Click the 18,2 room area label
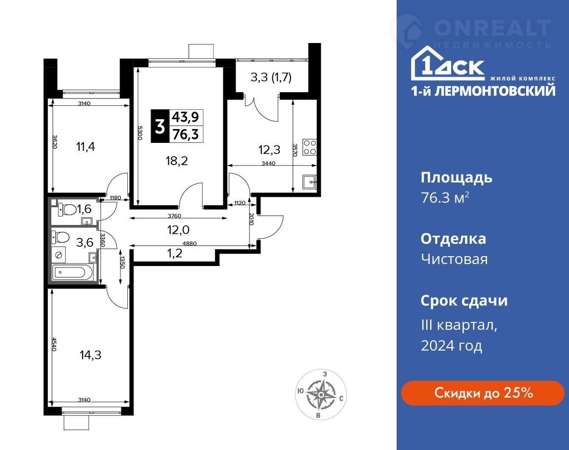tap(177, 161)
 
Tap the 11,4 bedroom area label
tap(85, 147)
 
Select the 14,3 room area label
tap(90, 355)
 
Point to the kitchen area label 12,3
tap(269, 150)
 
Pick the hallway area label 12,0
tap(178, 229)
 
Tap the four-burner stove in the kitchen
tap(310, 147)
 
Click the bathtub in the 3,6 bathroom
tap(73, 272)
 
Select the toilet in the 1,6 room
tap(66, 209)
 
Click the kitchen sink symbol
tap(310, 181)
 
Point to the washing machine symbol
tap(58, 255)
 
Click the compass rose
tap(321, 395)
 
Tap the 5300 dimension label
tap(140, 133)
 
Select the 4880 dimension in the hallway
tap(190, 243)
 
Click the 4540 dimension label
tap(54, 344)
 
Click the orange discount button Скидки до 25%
tap(483, 393)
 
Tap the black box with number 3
tap(160, 126)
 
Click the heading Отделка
tap(453, 239)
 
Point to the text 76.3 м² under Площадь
tap(445, 198)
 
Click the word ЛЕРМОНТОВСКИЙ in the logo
tap(495, 91)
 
